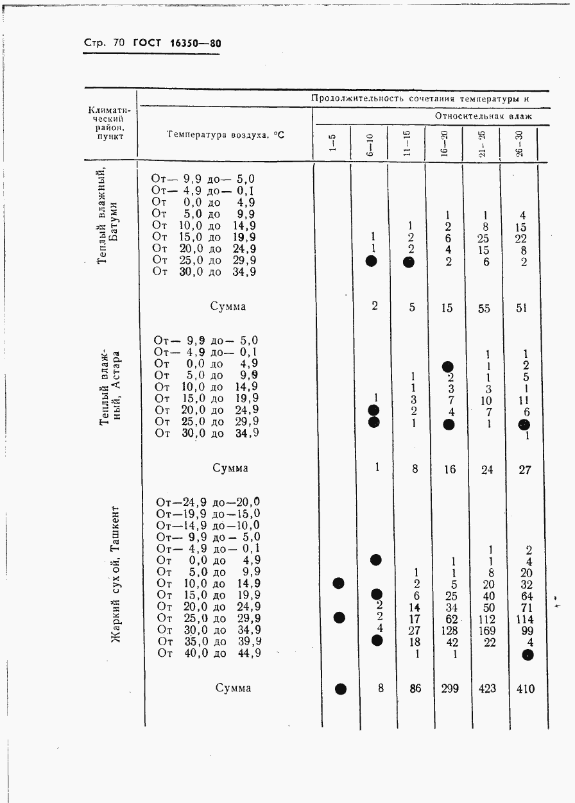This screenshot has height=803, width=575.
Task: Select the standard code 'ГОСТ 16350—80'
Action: click(176, 44)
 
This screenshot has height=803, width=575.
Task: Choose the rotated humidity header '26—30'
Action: click(519, 143)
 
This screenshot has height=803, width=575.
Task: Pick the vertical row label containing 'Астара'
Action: click(108, 388)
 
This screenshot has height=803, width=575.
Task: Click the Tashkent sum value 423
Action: click(486, 689)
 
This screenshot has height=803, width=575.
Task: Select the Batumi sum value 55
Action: click(484, 308)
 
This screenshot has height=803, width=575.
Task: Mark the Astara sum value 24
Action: click(487, 469)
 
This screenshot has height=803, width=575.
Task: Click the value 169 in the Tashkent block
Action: click(487, 630)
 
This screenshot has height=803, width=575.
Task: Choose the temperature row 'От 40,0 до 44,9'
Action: click(209, 653)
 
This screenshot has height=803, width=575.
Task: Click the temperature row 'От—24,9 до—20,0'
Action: click(208, 502)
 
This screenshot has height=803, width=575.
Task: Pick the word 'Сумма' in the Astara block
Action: click(230, 468)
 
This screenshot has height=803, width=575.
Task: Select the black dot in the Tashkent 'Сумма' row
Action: click(341, 689)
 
